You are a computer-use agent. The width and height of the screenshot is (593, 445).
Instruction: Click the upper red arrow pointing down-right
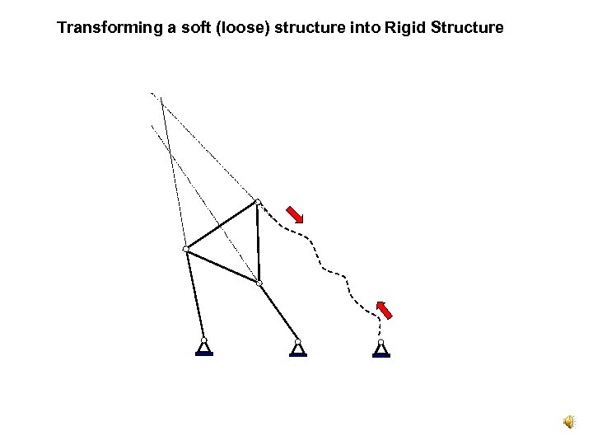294,213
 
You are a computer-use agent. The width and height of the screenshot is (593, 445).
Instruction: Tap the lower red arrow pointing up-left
383,309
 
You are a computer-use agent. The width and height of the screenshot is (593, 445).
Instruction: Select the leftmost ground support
204,349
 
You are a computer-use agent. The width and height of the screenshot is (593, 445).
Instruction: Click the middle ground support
298,349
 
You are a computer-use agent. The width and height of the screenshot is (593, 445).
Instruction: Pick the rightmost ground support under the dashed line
381,350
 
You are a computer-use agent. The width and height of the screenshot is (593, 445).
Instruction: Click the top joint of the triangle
258,202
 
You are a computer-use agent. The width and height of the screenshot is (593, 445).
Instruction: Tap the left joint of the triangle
186,249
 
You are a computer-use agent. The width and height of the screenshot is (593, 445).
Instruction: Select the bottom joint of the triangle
259,283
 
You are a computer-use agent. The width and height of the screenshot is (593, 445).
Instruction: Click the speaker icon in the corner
569,422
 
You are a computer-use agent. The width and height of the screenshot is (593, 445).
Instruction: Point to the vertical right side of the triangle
258,243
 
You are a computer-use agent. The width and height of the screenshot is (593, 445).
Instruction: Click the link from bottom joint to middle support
278,312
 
